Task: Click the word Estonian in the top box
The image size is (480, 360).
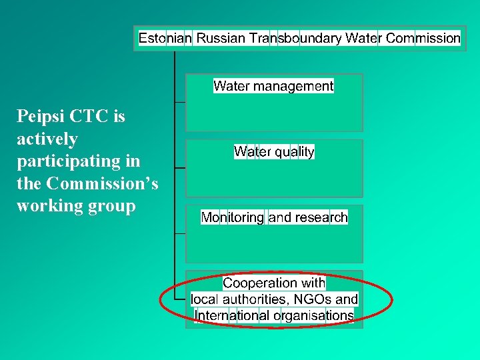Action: (x=165, y=39)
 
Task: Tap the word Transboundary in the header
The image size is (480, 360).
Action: (x=295, y=39)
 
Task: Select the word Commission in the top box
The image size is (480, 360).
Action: (x=423, y=39)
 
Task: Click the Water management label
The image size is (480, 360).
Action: (x=273, y=86)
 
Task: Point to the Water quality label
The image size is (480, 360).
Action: (x=274, y=152)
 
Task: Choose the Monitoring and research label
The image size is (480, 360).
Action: (x=274, y=217)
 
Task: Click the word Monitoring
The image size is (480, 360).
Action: (x=233, y=217)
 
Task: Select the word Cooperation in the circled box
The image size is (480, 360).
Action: (x=260, y=283)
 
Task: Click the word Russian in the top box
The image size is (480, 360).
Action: (x=221, y=39)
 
